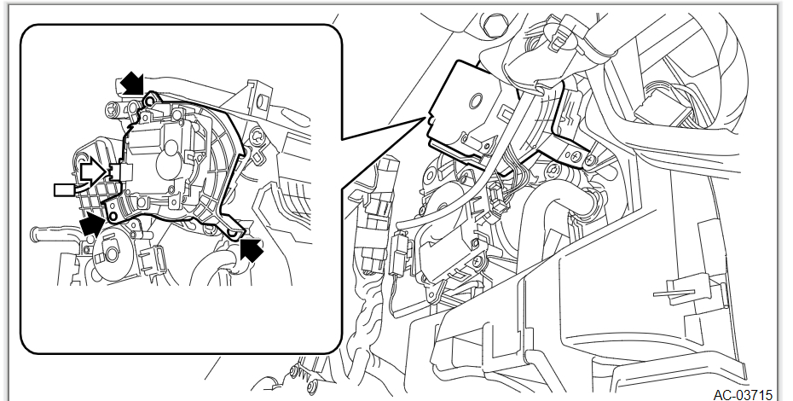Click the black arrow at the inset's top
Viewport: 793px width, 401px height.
coord(131,83)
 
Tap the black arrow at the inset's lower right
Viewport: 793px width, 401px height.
coord(252,248)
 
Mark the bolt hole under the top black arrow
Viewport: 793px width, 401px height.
coord(149,102)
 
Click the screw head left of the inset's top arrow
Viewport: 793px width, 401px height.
coord(114,109)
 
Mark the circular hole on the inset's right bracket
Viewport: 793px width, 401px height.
coord(258,136)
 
